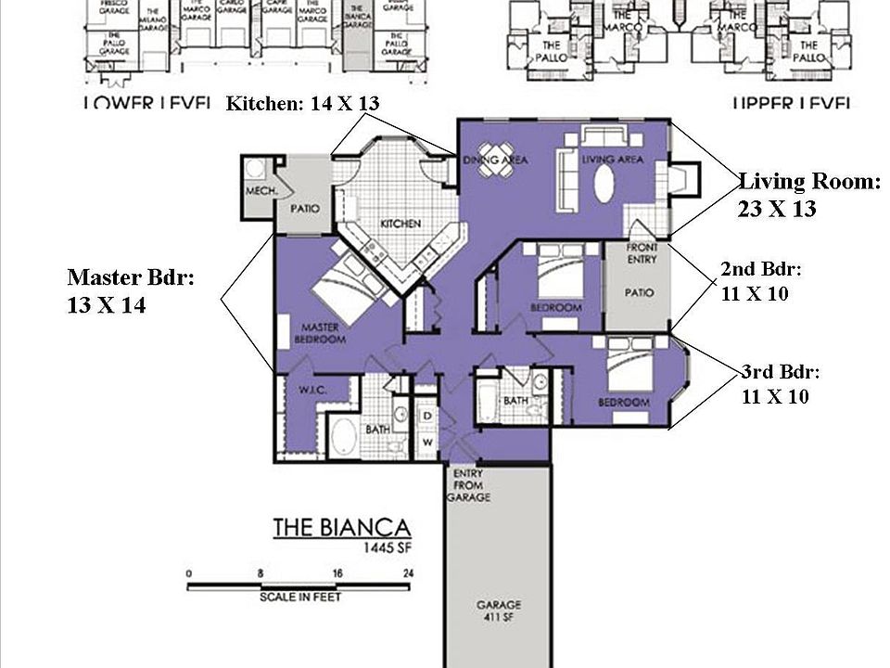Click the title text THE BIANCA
coord(341,528)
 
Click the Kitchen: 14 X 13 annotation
coord(302,104)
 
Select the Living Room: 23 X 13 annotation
coord(808,196)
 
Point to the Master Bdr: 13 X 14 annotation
coord(130,291)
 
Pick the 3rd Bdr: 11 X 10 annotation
coord(781,384)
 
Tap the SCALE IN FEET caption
coord(300,597)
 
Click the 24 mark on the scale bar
coord(408,574)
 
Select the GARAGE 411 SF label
coord(499,611)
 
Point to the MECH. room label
coord(258,192)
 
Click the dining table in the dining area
coord(494,155)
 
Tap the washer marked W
coord(427,442)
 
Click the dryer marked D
coord(427,415)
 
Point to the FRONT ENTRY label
coord(642,253)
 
